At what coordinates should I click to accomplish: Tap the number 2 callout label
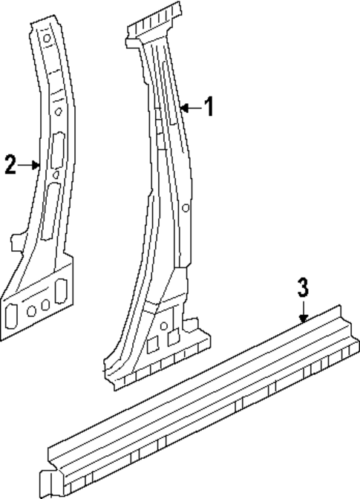point(10,164)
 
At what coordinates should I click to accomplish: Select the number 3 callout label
point(303,288)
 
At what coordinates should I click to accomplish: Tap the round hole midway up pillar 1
point(186,208)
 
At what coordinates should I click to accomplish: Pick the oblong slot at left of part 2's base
point(12,316)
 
